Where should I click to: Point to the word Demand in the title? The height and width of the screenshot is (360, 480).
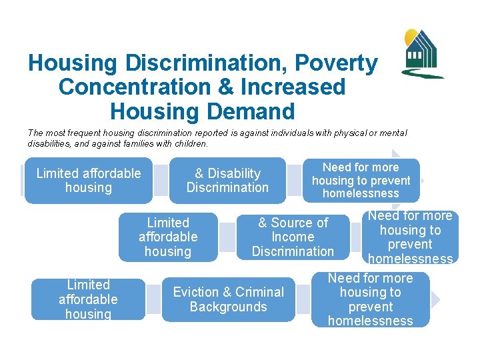[253, 111]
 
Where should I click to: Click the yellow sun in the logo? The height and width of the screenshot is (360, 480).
[411, 36]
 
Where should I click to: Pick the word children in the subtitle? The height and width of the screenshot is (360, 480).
[191, 143]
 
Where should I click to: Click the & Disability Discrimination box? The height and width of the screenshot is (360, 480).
[227, 181]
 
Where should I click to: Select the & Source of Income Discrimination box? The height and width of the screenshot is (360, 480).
[293, 237]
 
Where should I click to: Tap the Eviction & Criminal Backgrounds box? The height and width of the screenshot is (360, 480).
[228, 299]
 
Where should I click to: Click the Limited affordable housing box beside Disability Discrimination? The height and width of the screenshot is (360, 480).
[89, 181]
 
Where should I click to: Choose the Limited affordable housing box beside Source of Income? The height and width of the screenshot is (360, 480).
[168, 237]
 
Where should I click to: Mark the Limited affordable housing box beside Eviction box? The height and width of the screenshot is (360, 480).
[88, 299]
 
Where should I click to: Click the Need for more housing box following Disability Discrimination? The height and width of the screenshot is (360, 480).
[361, 181]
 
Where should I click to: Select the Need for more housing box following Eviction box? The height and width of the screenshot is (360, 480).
[371, 299]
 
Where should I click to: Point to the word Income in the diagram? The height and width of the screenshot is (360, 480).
[293, 237]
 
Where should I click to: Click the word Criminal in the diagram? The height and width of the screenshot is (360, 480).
[257, 292]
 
